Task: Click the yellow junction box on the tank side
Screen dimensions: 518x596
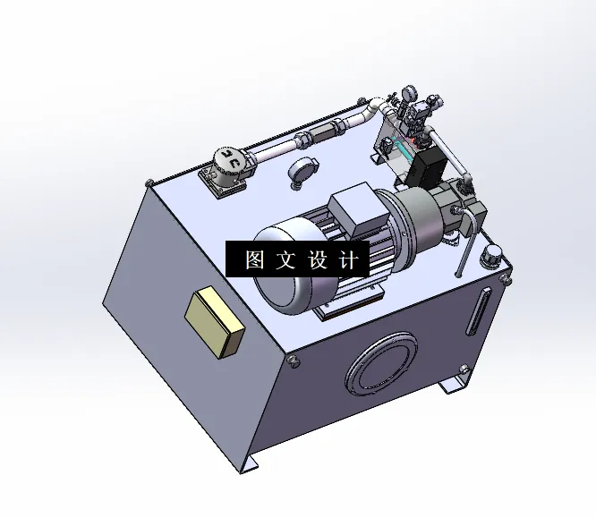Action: pyautogui.click(x=215, y=322)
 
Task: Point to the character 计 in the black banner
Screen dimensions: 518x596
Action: pyautogui.click(x=352, y=260)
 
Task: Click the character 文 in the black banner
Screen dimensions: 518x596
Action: pyautogui.click(x=287, y=260)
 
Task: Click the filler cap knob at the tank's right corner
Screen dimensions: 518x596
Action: pyautogui.click(x=491, y=256)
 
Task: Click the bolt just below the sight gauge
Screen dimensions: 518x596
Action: pyautogui.click(x=463, y=370)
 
